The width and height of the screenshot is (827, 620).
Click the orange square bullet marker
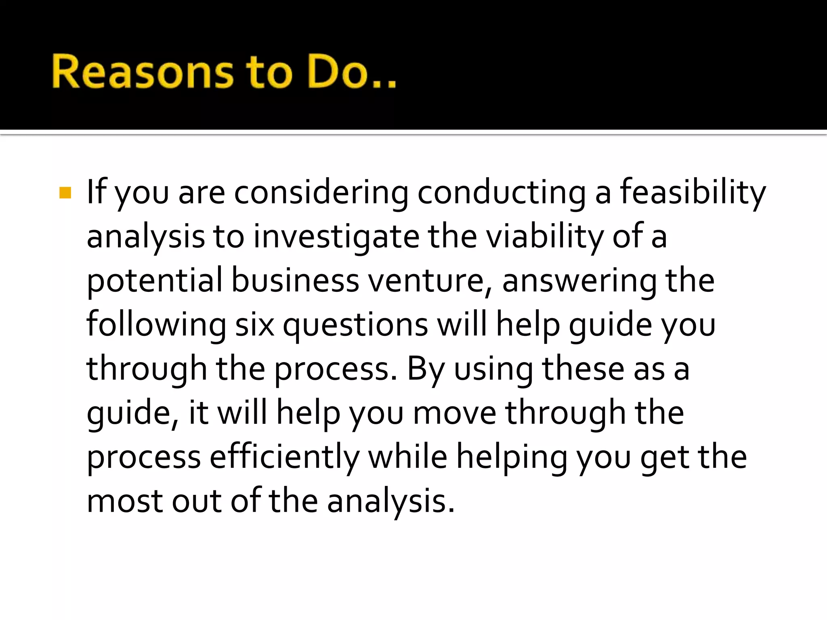65,193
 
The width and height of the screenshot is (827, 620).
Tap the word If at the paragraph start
97,193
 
